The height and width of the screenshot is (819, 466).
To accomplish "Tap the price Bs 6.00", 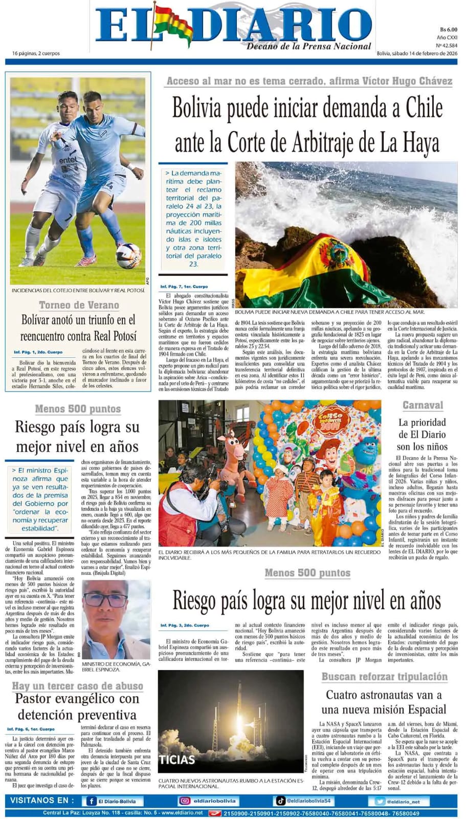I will pos(448,30).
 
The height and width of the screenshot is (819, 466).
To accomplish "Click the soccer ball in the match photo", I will pos(128,255).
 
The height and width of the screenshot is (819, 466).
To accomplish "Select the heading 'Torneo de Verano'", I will pos(79,305).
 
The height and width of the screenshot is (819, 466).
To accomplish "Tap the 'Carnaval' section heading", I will pos(423,405).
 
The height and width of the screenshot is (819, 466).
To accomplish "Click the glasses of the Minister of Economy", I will pos(106,600).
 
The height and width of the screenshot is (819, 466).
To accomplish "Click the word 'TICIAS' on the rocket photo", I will pos(177,759).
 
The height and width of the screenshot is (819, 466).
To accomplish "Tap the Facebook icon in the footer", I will pos(92,801).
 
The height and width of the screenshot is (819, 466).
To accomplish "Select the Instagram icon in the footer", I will pos(184,801).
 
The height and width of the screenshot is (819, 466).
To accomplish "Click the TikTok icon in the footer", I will pos(281,801).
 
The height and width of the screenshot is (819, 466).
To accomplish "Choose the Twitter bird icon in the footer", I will pos(380,802).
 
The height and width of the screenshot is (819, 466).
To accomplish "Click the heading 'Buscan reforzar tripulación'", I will pos(384,677).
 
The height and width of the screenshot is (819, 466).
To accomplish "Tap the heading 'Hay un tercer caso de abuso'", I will pos(78,686).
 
